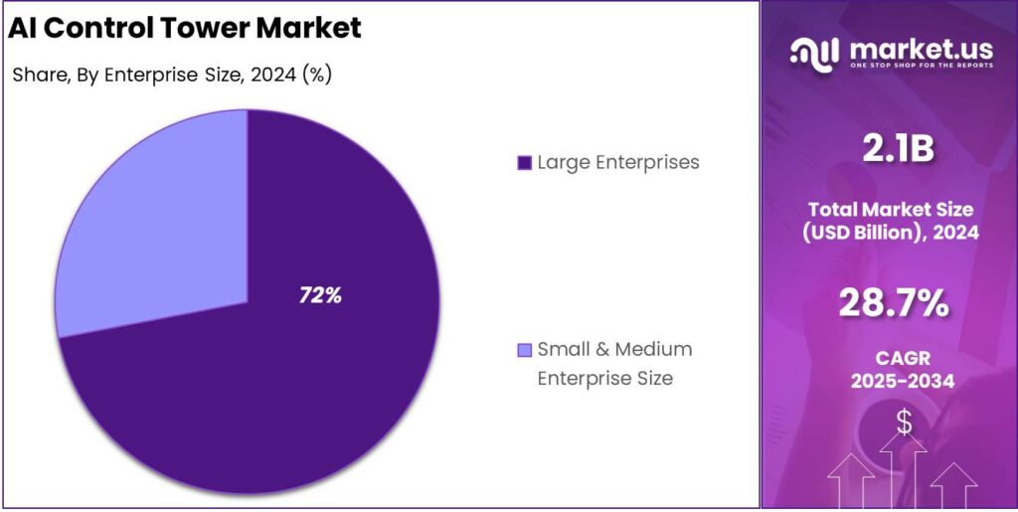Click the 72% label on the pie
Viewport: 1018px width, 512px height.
(321, 295)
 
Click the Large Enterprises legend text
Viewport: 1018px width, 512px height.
(618, 162)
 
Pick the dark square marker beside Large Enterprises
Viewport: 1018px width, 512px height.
(525, 163)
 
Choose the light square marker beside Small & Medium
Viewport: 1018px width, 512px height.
(525, 351)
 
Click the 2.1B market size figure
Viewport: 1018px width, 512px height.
(891, 148)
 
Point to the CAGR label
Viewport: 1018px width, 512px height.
(891, 357)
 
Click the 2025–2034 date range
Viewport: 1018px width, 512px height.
(891, 381)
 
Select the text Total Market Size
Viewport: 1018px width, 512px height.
(891, 210)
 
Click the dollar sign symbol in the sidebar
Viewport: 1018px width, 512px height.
(904, 422)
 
